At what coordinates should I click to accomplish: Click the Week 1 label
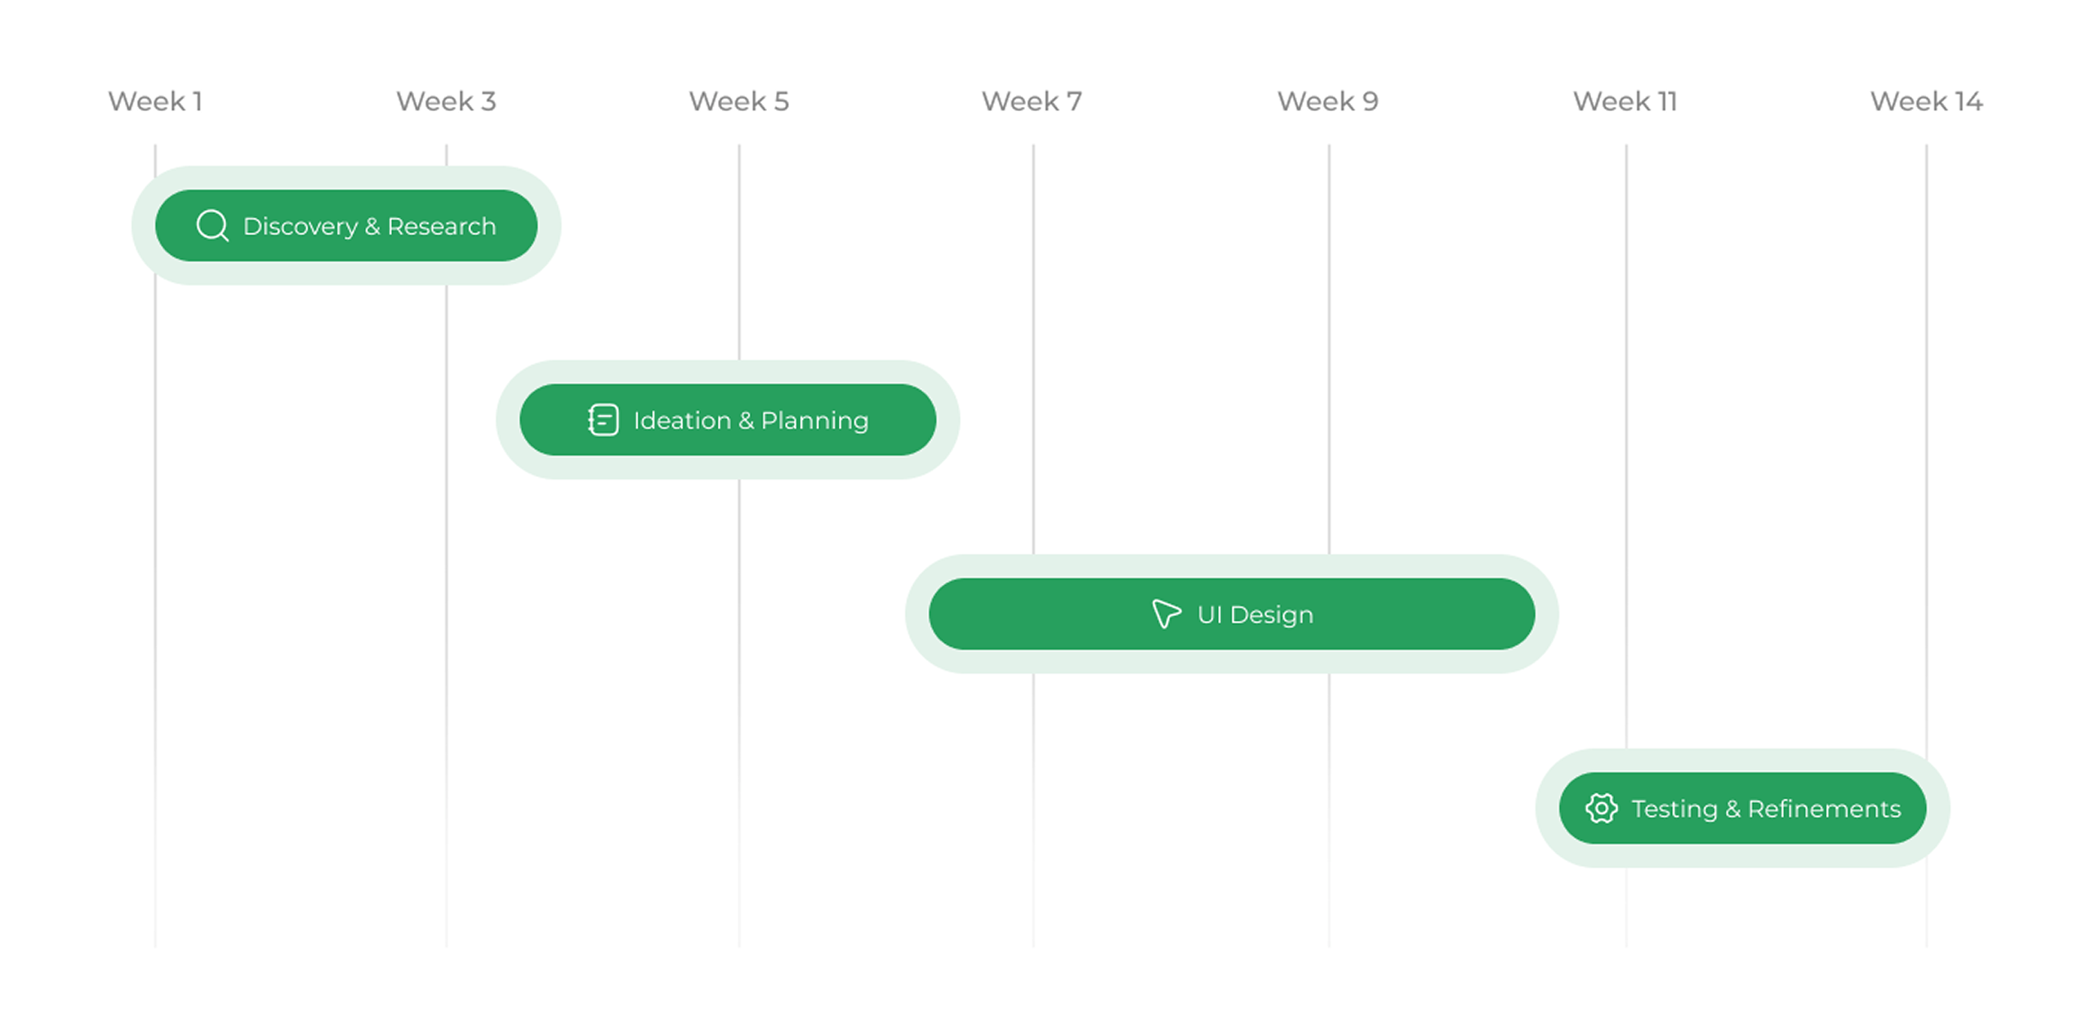(155, 101)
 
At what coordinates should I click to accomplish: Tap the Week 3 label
(446, 101)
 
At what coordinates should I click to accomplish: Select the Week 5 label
(738, 101)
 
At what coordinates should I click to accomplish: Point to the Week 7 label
(1032, 101)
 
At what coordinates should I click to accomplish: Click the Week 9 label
(1327, 101)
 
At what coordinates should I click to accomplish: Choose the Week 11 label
(1625, 101)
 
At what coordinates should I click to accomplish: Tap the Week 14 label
(1926, 101)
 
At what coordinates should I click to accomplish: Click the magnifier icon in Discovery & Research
(212, 225)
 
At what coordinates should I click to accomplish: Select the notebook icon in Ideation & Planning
(603, 420)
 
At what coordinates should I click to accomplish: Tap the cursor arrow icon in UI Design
(1166, 614)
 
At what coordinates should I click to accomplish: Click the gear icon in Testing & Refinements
(1601, 808)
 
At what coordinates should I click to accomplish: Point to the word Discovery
(301, 226)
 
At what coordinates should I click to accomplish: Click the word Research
(441, 226)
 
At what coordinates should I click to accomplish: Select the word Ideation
(682, 421)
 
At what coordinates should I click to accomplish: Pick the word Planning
(814, 422)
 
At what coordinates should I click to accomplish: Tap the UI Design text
(1255, 615)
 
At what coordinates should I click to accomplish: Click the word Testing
(1674, 809)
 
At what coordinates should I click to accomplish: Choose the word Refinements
(1824, 809)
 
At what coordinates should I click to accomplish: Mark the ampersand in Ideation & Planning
(746, 421)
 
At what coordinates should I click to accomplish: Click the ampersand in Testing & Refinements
(1732, 809)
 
